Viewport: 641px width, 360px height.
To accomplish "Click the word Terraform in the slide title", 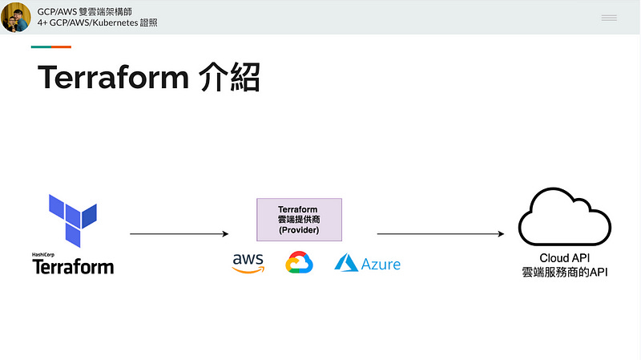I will coord(112,78).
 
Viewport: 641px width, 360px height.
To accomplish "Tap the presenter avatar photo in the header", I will coord(16,17).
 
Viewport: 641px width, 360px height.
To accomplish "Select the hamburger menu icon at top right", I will coord(609,17).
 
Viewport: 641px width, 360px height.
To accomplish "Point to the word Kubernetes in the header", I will coord(118,23).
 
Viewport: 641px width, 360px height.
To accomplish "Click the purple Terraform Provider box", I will coord(298,220).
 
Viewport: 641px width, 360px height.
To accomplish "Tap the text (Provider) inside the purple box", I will coord(298,230).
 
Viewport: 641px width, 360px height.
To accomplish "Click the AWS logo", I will coord(248,263).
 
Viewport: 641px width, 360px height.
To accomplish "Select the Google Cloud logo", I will coord(298,263).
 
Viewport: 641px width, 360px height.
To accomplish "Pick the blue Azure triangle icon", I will coord(345,263).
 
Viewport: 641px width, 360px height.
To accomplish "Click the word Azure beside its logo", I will coord(381,264).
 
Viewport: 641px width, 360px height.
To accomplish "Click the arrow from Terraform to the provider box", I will coord(179,234).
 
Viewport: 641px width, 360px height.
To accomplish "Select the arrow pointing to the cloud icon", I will coord(440,234).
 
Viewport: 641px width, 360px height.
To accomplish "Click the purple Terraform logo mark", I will coord(73,219).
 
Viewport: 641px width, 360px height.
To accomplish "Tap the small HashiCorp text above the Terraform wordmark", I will coord(43,255).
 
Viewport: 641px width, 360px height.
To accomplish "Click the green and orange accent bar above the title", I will coord(51,47).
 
